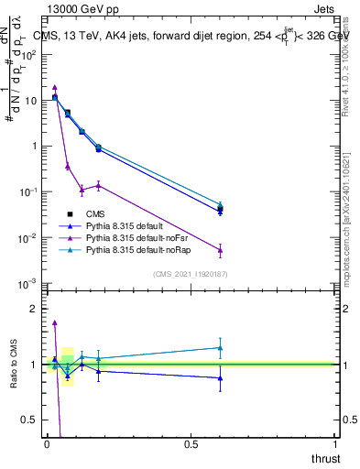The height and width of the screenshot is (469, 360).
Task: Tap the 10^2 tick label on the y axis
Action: [x=29, y=55]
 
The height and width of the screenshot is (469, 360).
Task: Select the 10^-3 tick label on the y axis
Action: [x=29, y=284]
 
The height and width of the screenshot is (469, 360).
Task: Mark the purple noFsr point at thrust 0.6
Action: [x=220, y=249]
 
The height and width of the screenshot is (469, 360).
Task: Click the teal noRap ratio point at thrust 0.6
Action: [x=220, y=347]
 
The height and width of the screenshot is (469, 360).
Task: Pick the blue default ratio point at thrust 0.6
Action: [x=220, y=377]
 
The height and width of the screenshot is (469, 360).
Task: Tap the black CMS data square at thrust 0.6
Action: [x=220, y=210]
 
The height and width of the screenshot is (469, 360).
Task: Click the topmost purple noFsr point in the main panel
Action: [x=55, y=87]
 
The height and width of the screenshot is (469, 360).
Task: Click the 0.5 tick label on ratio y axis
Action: [x=30, y=420]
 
